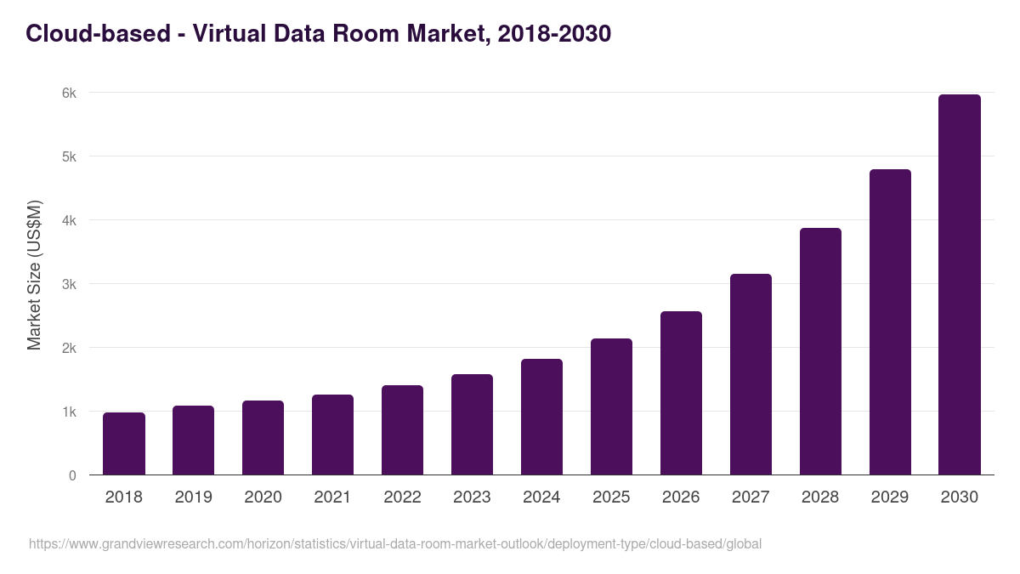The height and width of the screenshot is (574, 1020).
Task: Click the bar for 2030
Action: [959, 285]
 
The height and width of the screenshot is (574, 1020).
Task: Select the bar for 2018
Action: [124, 444]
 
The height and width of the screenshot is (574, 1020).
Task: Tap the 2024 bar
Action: [541, 417]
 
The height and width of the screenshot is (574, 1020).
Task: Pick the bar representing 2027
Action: [751, 374]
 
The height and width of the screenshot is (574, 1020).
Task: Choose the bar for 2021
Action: [332, 435]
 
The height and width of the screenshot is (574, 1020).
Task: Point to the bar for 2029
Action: [890, 322]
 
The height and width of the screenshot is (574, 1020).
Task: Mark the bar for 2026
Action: [681, 393]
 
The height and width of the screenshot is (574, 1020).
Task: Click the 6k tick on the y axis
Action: [68, 93]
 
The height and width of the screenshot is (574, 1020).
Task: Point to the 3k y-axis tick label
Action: [68, 284]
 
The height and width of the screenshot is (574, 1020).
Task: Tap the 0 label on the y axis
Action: [72, 475]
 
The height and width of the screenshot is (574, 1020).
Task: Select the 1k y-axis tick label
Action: [68, 412]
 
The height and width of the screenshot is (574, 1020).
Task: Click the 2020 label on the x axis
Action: [263, 497]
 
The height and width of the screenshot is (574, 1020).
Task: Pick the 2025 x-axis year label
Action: [611, 497]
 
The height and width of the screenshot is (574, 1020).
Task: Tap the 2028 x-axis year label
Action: [820, 497]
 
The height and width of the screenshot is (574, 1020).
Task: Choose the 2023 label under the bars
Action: [472, 497]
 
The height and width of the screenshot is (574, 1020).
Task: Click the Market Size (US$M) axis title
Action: [34, 276]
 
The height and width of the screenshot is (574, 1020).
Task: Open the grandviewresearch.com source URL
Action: [395, 543]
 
